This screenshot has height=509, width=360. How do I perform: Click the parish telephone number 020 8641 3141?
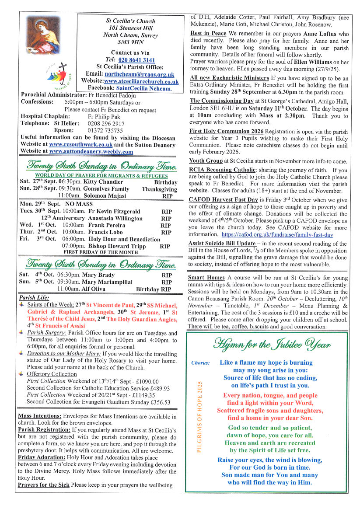click(136, 60)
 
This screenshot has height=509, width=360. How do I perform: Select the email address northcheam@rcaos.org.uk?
click(139, 74)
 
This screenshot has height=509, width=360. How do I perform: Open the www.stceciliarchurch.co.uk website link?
click(141, 81)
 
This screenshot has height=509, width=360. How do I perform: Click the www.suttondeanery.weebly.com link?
click(91, 152)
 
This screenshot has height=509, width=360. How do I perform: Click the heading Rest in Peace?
click(208, 34)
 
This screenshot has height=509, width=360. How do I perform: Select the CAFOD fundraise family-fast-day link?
click(277, 235)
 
